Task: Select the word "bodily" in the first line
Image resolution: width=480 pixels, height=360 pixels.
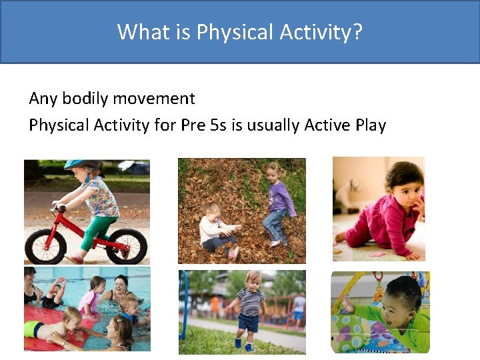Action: click(x=85, y=99)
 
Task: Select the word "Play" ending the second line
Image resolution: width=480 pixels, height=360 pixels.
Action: click(x=370, y=125)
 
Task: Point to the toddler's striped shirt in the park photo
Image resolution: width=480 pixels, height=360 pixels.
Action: click(x=252, y=301)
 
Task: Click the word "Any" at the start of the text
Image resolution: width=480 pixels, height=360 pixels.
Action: click(x=43, y=99)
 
